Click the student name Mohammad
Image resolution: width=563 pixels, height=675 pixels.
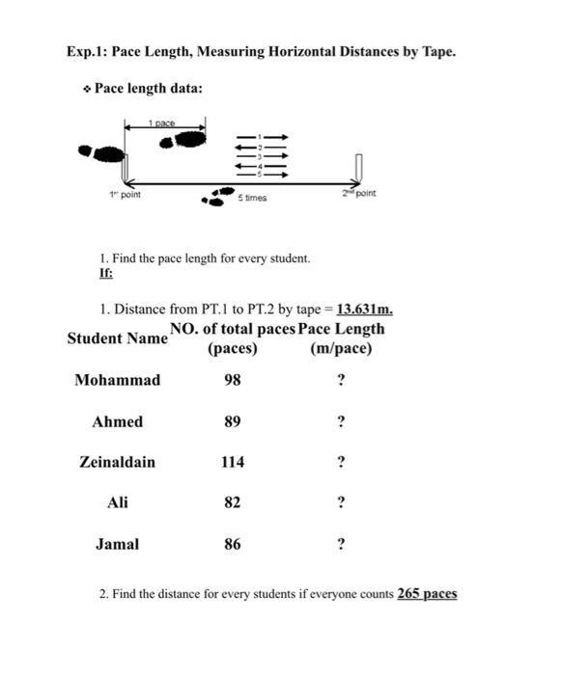[x=117, y=380]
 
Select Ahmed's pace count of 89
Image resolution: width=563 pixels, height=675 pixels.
[x=232, y=421]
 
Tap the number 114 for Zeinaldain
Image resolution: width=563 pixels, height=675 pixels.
[x=232, y=462]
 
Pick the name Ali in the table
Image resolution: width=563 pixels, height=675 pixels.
[x=117, y=502]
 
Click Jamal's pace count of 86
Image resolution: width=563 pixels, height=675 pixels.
[x=232, y=544]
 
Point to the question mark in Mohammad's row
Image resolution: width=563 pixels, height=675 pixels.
[x=340, y=380]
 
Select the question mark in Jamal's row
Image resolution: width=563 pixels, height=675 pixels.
[x=340, y=544]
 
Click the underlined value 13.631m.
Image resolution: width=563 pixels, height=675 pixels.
[x=363, y=310]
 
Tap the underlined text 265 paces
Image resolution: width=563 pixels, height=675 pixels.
[x=427, y=593]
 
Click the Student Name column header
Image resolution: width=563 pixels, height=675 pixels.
[x=117, y=338]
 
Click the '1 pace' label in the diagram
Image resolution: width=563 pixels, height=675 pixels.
[x=161, y=122]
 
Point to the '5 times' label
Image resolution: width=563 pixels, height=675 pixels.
[x=252, y=198]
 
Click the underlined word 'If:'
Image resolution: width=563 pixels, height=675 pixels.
[x=106, y=273]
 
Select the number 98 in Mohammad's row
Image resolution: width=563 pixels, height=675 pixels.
[x=232, y=380]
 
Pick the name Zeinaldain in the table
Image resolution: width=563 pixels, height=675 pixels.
[x=117, y=462]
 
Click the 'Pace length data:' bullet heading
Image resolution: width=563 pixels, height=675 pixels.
[x=148, y=89]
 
